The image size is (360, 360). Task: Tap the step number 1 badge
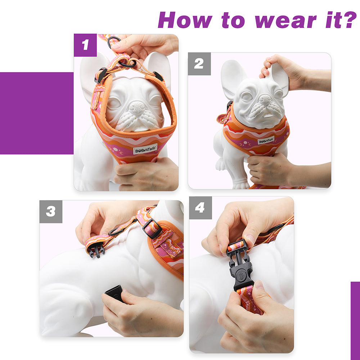(85, 45)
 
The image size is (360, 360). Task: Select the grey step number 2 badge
(199, 64)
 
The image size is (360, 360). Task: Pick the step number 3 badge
(51, 211)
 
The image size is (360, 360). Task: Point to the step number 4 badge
(200, 208)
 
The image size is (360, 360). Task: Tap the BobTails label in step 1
(145, 149)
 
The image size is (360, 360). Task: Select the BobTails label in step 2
(266, 140)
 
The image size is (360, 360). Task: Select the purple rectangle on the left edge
(36, 113)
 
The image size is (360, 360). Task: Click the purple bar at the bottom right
(355, 320)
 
